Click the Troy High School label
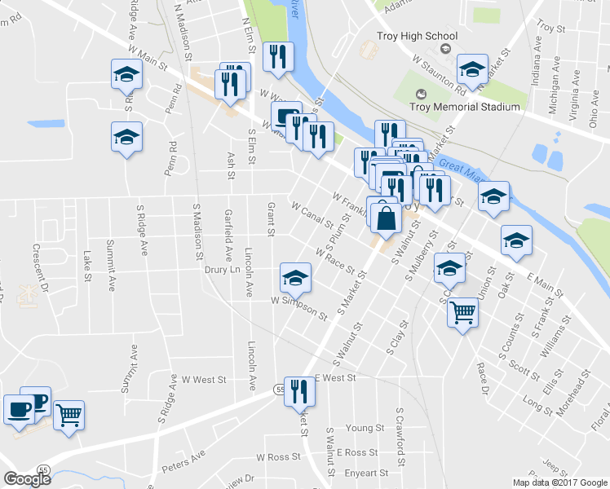click(417, 36)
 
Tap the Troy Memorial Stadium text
click(465, 108)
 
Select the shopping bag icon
click(387, 218)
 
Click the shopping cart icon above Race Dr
click(462, 311)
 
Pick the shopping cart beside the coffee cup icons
click(69, 416)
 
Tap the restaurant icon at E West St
click(301, 392)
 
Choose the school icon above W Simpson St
click(295, 277)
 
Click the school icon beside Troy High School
click(472, 70)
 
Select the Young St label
click(365, 428)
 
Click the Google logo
click(27, 479)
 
